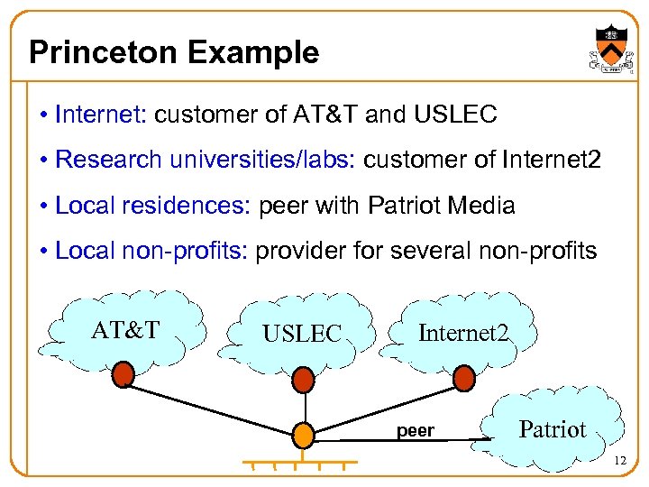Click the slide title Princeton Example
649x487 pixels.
click(x=174, y=52)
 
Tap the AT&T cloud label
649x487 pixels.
click(x=125, y=330)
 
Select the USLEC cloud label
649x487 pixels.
click(x=302, y=335)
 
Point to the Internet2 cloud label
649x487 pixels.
click(x=463, y=334)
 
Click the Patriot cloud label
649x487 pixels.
click(x=553, y=429)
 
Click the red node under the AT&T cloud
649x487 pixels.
click(x=123, y=373)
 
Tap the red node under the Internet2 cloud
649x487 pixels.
click(x=463, y=378)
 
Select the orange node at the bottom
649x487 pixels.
click(x=304, y=436)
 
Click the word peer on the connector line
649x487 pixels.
click(x=416, y=431)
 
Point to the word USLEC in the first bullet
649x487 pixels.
click(x=455, y=115)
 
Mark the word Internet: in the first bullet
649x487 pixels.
click(x=99, y=115)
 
